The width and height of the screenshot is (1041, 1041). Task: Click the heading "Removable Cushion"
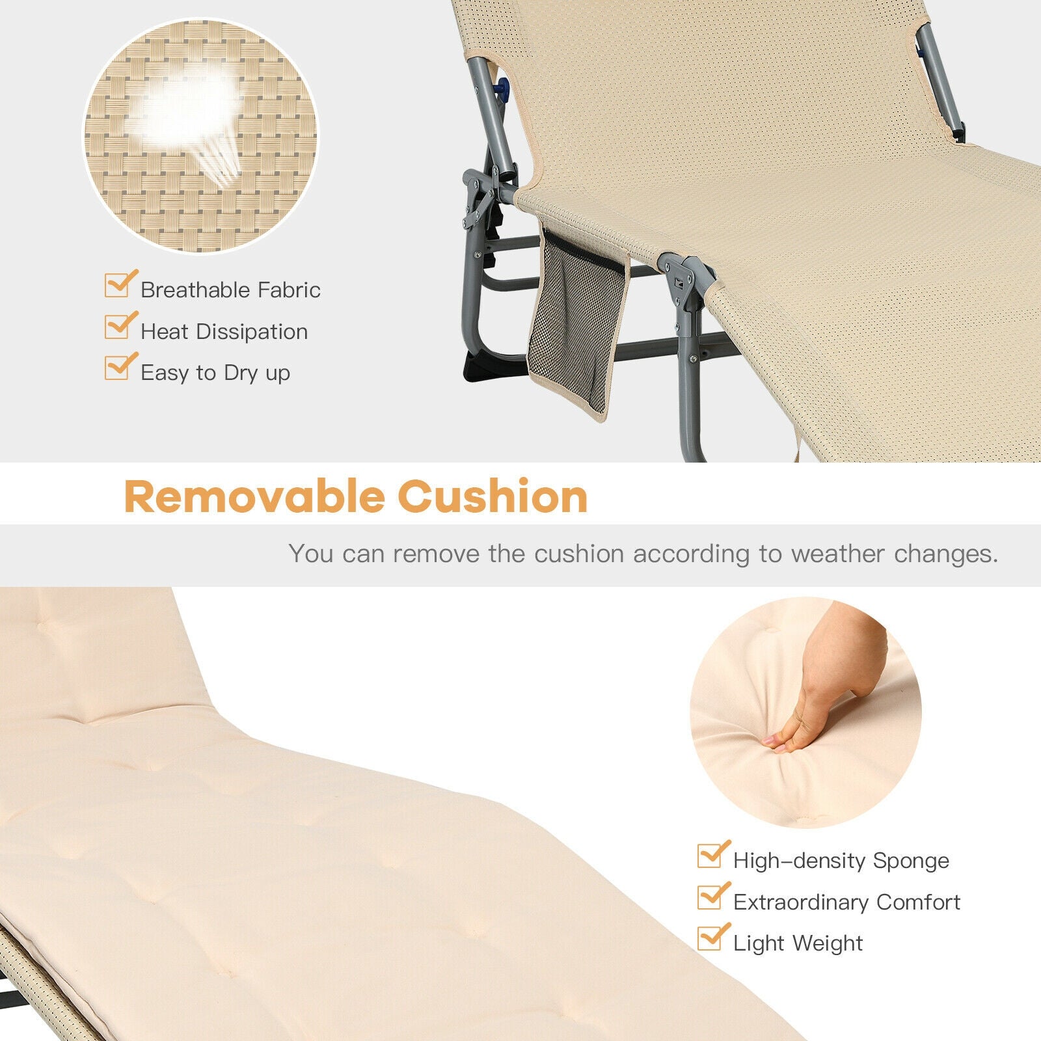click(355, 496)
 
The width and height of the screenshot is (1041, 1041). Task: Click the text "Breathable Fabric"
click(230, 290)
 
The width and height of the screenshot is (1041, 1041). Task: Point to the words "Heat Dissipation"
click(224, 331)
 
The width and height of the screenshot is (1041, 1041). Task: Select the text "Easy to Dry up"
click(215, 373)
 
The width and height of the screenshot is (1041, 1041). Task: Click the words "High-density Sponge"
click(841, 860)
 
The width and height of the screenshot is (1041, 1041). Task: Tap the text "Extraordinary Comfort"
click(846, 902)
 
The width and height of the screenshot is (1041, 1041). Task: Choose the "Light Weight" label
click(798, 943)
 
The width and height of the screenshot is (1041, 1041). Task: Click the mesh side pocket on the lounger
click(576, 319)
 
